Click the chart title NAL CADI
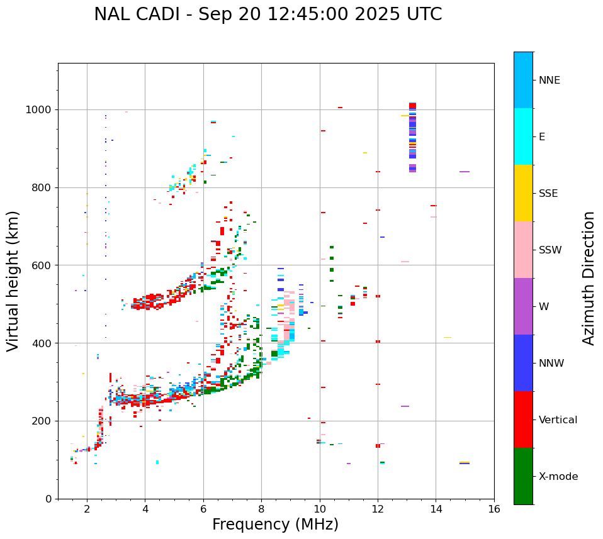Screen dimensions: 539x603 (268, 15)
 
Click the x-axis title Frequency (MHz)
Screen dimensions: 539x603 (275, 525)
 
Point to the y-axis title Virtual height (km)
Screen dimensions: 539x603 (13, 281)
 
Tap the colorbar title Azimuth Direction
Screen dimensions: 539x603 (589, 278)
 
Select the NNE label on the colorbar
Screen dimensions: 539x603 (549, 81)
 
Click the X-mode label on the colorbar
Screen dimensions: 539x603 (558, 477)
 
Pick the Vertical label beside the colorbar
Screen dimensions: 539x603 (558, 420)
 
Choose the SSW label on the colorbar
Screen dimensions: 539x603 (550, 250)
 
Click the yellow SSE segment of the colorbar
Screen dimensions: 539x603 (523, 193)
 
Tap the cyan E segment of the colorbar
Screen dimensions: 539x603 (523, 136)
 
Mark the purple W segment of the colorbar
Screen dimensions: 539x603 (523, 306)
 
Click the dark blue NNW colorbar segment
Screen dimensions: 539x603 (523, 363)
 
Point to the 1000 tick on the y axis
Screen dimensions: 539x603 (42, 110)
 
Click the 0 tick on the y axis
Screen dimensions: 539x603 (48, 499)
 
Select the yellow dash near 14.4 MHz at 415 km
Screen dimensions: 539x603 (447, 338)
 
